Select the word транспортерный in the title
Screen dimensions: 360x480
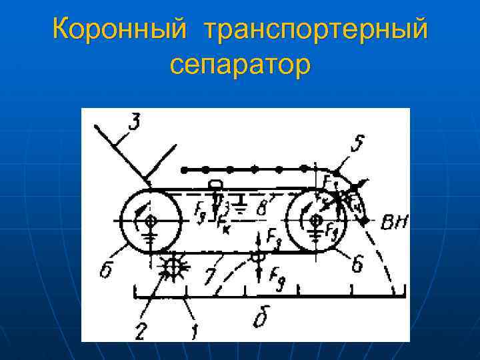tap(316, 31)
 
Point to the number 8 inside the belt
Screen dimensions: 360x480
tap(262, 208)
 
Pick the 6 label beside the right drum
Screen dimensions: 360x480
tap(357, 265)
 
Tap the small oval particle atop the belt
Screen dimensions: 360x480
tap(215, 184)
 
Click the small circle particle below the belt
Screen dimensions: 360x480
tap(254, 255)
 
